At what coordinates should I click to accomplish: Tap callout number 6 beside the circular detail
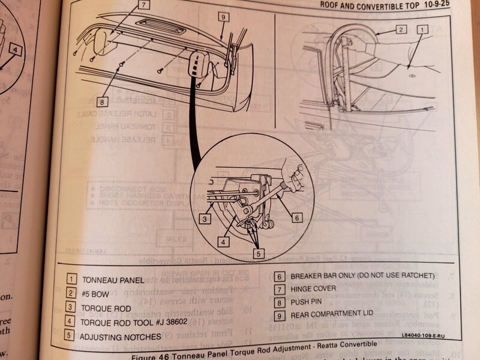pos(296,218)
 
